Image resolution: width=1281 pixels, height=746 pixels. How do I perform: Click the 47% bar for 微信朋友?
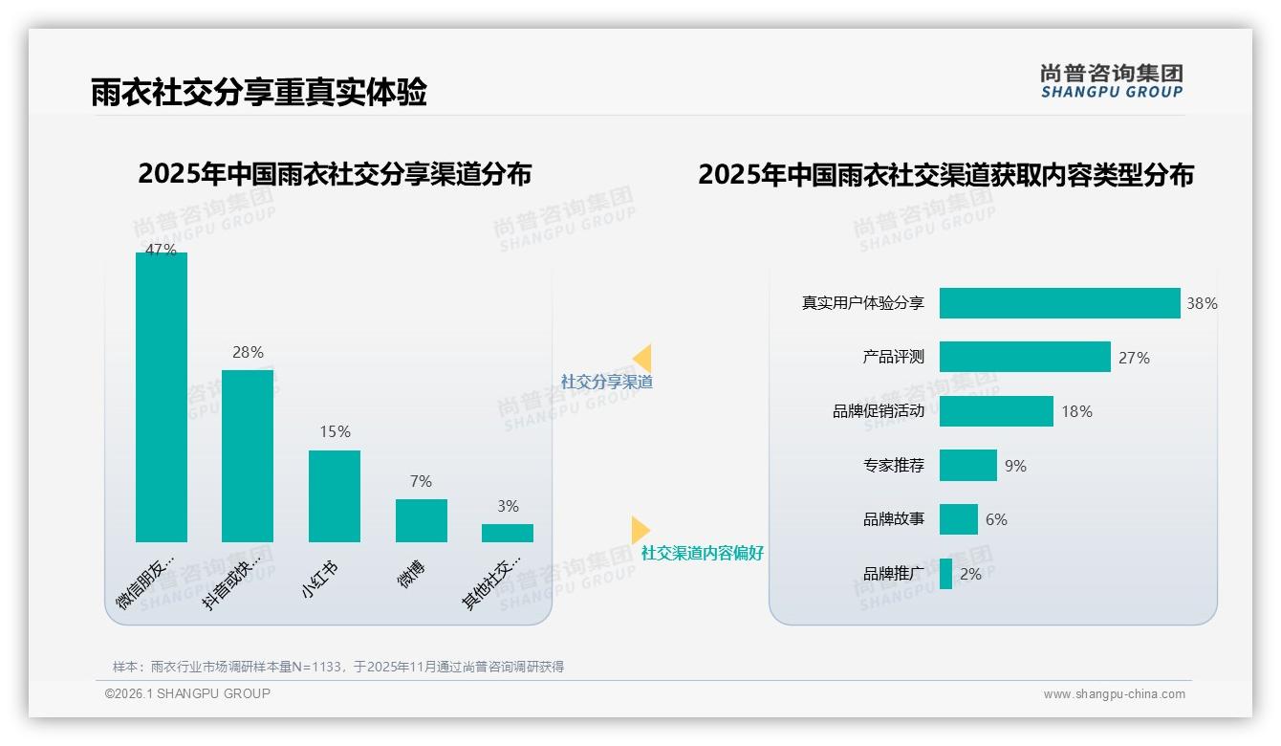point(162,397)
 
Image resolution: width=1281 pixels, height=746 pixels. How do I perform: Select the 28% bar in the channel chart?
point(248,456)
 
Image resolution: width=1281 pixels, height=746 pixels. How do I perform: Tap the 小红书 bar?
point(335,496)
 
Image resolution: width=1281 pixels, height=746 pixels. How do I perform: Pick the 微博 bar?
point(421,520)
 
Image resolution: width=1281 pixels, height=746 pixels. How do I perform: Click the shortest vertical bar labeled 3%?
point(508,533)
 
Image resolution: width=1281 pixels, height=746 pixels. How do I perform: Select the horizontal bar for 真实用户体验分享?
point(1059,303)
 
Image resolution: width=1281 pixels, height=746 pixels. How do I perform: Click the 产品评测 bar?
point(1025,357)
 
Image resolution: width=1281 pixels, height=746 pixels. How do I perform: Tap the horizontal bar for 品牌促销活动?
point(996,411)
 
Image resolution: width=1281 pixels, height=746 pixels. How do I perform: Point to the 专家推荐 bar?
point(967,466)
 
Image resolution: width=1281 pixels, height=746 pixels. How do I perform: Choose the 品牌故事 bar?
point(958,519)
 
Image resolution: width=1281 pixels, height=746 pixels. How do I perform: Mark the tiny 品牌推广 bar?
point(945,574)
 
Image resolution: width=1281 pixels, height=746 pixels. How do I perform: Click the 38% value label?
point(1202,303)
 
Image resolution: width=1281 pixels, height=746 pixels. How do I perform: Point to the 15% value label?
point(335,432)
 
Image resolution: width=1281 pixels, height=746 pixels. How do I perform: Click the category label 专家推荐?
point(894,466)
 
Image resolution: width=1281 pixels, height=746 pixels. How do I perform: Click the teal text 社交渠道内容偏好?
point(702,553)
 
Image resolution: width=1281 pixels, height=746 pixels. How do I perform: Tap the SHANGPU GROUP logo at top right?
point(1112,80)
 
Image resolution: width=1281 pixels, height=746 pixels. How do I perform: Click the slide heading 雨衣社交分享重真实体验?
point(259,92)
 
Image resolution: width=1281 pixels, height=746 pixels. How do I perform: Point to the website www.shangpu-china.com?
point(1114,694)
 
